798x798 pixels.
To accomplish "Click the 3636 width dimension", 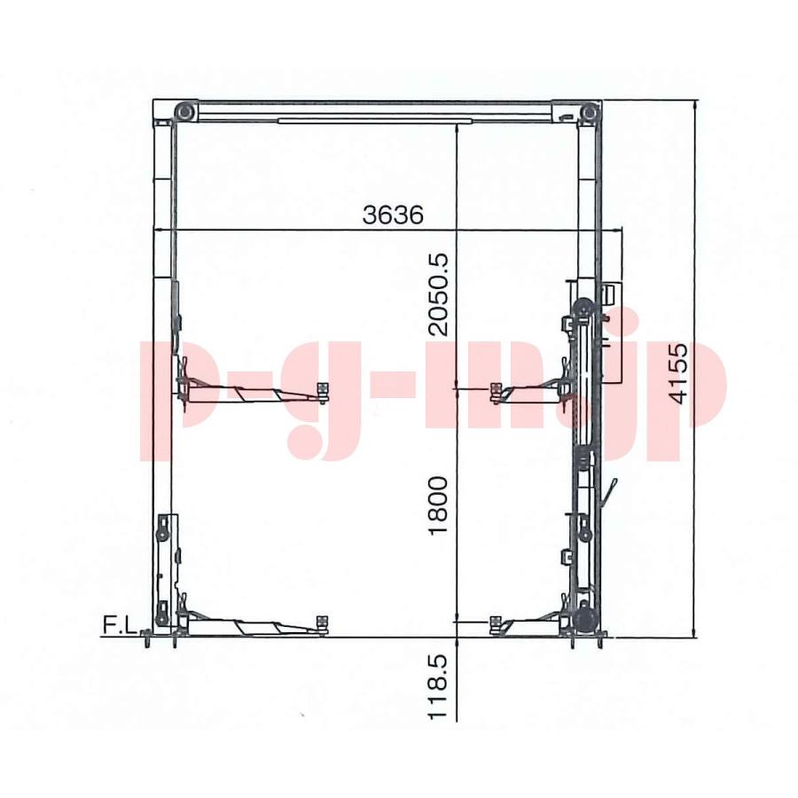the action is point(393,215).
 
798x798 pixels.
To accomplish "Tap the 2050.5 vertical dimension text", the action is point(438,294).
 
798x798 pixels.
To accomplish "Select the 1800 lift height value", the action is point(438,505).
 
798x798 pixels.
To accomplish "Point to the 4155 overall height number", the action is point(679,373).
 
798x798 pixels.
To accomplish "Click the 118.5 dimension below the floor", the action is point(438,686).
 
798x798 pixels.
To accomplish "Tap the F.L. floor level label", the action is point(120,625).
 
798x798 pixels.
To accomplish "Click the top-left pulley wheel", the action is point(184,112).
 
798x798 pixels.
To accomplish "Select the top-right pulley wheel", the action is point(589,112).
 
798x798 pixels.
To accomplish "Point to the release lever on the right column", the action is point(608,491).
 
